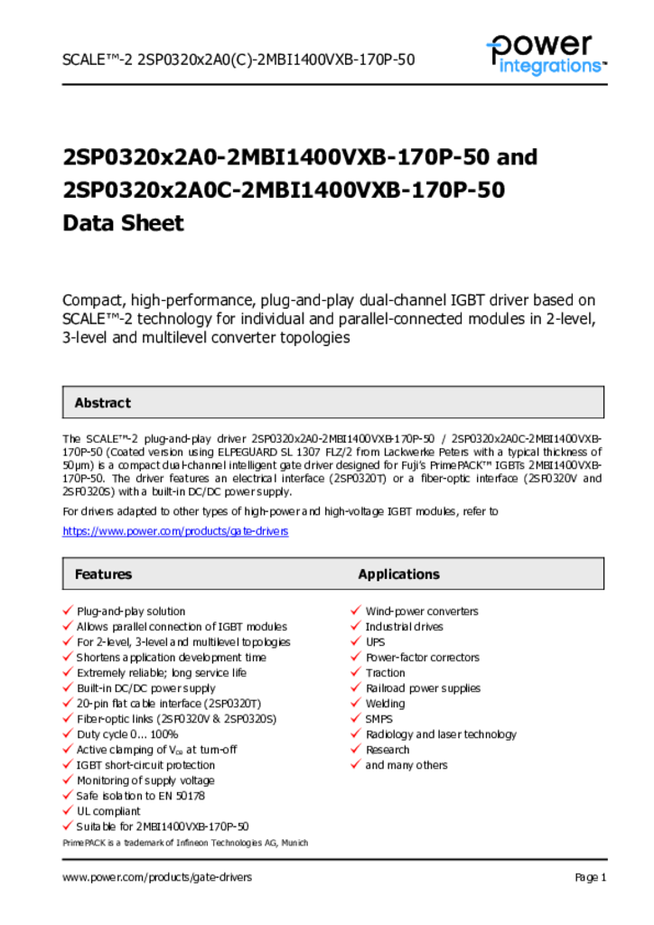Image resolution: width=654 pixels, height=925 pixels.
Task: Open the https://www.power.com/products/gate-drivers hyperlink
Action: coord(175,531)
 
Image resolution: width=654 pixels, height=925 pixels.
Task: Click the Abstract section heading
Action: coord(102,403)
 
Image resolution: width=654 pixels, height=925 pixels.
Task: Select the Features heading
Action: coord(103,575)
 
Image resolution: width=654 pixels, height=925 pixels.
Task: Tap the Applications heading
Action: coord(398,575)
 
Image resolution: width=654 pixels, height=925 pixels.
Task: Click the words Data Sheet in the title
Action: coord(123,223)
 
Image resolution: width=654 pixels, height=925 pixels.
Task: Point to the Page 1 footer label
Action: coord(590,877)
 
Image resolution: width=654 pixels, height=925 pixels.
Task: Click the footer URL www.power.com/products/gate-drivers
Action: coord(157,877)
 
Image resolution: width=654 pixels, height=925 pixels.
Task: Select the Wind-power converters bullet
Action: coord(422,612)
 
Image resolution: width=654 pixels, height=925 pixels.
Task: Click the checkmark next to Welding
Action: coord(356,704)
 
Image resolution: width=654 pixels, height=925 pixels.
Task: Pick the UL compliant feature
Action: coord(108,811)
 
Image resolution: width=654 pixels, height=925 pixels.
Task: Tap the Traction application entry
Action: coord(385,673)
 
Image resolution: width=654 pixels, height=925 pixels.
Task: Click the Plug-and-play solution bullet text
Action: coord(131,612)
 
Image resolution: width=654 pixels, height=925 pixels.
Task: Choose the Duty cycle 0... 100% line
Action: coord(127,734)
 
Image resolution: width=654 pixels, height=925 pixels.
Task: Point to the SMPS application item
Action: coord(379,719)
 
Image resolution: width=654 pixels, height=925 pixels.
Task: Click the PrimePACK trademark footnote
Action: coord(185,843)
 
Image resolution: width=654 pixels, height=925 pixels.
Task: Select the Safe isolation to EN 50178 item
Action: coord(141,796)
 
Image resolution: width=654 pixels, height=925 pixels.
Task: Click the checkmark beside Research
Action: coord(356,750)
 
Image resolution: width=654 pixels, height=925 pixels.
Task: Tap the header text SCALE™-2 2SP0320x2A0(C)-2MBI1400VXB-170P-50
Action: coord(238,60)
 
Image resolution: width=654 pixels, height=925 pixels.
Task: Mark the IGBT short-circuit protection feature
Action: coord(145,765)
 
